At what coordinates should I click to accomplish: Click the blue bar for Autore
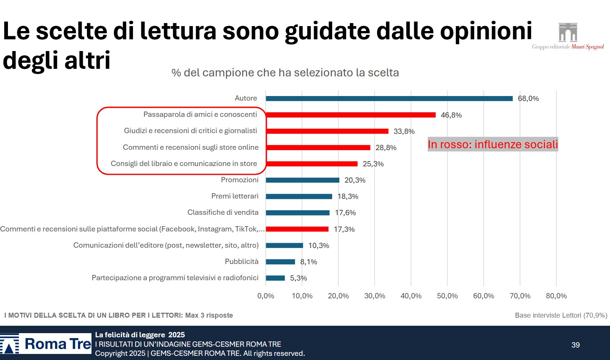389,98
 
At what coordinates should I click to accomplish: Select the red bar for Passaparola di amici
350,115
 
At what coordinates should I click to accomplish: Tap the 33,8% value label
404,131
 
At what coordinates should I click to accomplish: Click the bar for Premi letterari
299,196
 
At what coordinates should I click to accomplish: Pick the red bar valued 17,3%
297,229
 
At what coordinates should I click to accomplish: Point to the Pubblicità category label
242,261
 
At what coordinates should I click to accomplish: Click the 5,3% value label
298,278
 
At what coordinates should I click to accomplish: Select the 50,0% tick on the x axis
447,296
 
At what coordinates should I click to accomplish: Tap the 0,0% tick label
266,296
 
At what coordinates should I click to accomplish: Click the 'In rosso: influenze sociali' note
492,144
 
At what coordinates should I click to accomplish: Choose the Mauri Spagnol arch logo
568,33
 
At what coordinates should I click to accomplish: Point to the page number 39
575,345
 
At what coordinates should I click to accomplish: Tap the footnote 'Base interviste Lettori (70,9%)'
561,315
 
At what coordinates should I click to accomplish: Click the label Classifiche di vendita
223,212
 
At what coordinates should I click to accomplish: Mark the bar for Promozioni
302,180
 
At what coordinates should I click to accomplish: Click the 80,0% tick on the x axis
556,296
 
